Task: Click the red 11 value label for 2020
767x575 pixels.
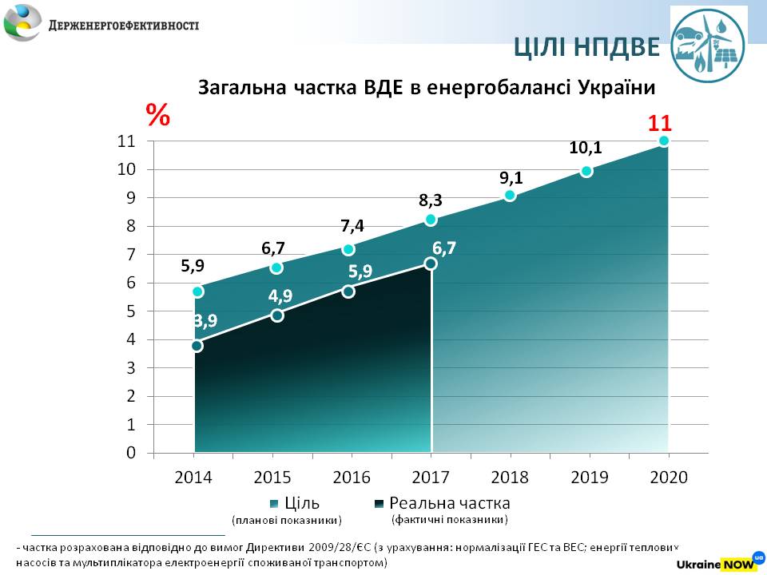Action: coord(659,124)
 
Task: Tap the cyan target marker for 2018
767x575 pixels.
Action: coord(510,196)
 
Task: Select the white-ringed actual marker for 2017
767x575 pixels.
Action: coord(431,264)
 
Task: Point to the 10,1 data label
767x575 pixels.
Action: coord(586,148)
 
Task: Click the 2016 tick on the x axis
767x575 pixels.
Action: coord(352,478)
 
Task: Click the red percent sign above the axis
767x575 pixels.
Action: coord(157,116)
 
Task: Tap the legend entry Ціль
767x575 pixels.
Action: coord(302,503)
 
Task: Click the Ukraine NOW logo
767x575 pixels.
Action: coord(721,562)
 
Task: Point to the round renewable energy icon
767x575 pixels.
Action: coord(707,44)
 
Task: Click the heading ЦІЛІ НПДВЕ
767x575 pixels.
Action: coord(586,48)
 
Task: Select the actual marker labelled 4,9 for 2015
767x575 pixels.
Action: coord(276,315)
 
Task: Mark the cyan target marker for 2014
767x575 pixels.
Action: coord(197,291)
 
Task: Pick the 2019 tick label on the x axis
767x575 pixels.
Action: coord(589,478)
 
